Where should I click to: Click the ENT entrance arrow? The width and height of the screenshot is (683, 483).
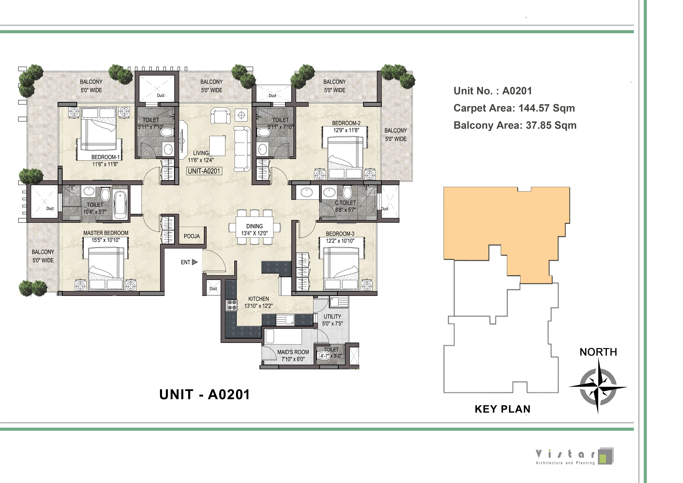point(195,262)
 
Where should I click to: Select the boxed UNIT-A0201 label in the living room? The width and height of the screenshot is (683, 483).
point(204,171)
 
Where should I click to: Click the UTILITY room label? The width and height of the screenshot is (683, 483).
point(332,316)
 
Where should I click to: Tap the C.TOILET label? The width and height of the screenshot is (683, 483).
point(345,203)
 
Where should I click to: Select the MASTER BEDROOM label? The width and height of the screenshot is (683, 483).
point(106,233)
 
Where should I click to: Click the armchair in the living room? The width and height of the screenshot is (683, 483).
point(220,115)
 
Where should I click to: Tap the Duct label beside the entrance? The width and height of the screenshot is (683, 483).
point(213,288)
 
